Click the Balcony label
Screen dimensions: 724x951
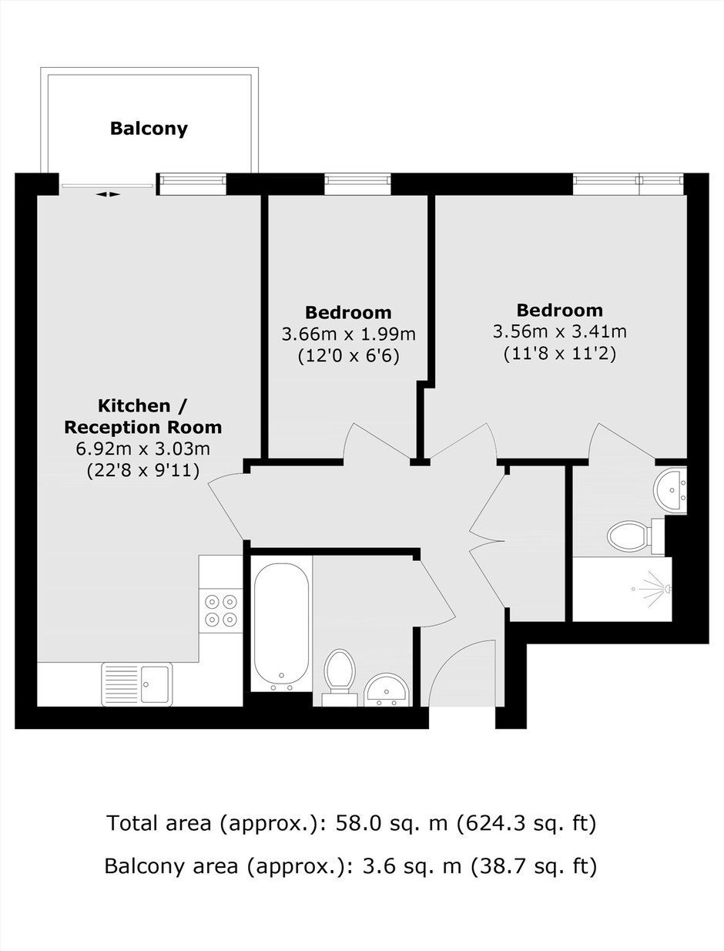pyautogui.click(x=149, y=128)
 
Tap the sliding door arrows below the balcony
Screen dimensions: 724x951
pyautogui.click(x=108, y=194)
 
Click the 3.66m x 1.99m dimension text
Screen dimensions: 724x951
pyautogui.click(x=349, y=334)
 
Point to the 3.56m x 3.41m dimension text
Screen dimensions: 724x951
pyautogui.click(x=560, y=332)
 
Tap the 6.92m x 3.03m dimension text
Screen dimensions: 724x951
pyautogui.click(x=143, y=449)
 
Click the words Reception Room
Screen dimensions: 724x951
pyautogui.click(x=143, y=427)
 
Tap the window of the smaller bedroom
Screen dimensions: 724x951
pyautogui.click(x=357, y=184)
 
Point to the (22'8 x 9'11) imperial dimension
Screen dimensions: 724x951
pyautogui.click(x=143, y=471)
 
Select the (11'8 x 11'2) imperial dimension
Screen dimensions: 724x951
pyautogui.click(x=560, y=355)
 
